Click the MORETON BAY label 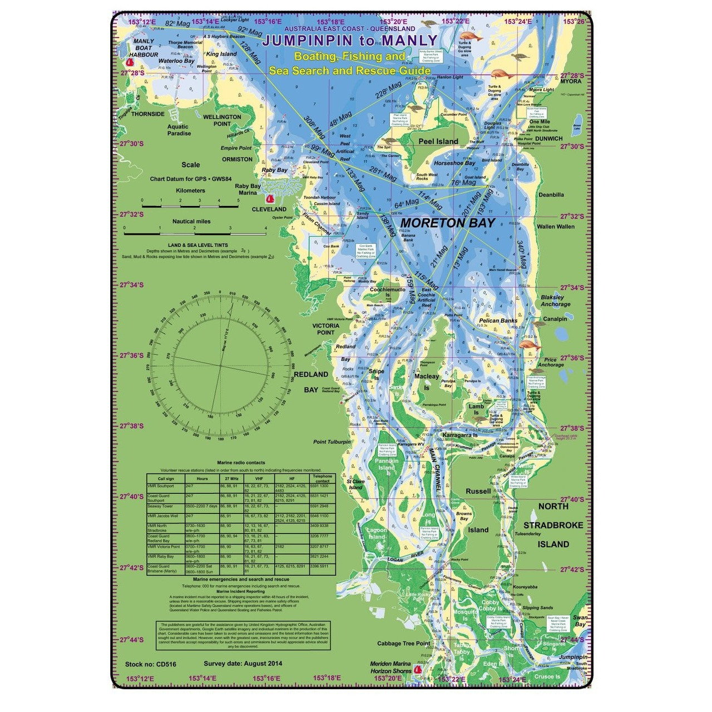click(447, 223)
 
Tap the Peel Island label click(438, 142)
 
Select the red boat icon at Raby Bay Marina click(271, 198)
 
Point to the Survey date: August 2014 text click(243, 664)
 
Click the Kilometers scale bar click(190, 205)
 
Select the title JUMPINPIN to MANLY click(349, 41)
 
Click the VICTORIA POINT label click(325, 329)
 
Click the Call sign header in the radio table click(166, 478)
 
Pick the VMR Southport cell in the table click(162, 486)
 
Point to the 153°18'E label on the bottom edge click(327, 678)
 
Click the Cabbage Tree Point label click(404, 644)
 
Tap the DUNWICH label click(548, 139)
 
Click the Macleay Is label click(427, 382)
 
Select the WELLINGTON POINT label click(222, 120)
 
